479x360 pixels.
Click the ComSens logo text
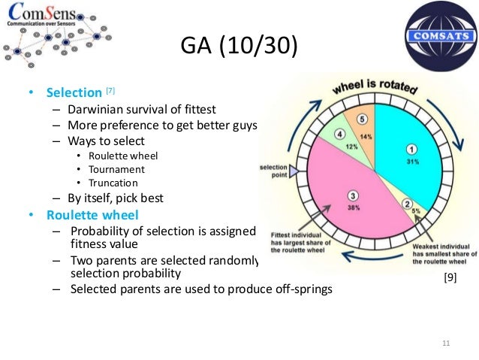coord(45,19)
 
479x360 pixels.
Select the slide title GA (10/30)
coord(239,47)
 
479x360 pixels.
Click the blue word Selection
coord(74,93)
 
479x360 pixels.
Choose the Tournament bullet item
coord(117,169)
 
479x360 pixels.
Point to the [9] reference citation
coord(449,278)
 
